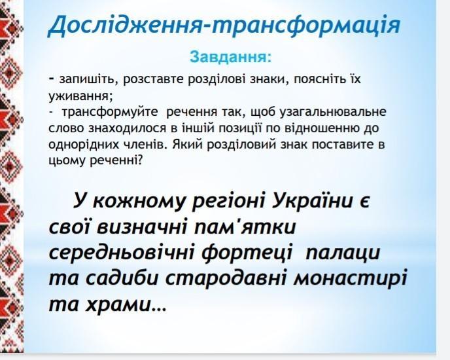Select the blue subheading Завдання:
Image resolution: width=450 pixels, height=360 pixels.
[230, 56]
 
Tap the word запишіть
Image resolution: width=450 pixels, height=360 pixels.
[87, 80]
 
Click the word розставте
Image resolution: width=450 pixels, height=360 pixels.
[154, 80]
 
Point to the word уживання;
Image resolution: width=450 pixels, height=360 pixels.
[80, 96]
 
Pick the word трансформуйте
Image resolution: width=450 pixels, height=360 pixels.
[110, 112]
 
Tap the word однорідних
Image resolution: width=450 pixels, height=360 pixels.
[84, 145]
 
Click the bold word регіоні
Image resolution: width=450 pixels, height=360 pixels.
[228, 202]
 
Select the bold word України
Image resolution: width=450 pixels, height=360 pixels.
[313, 200]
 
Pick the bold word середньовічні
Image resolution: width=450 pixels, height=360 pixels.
[121, 253]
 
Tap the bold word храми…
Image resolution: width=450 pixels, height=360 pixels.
[126, 304]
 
